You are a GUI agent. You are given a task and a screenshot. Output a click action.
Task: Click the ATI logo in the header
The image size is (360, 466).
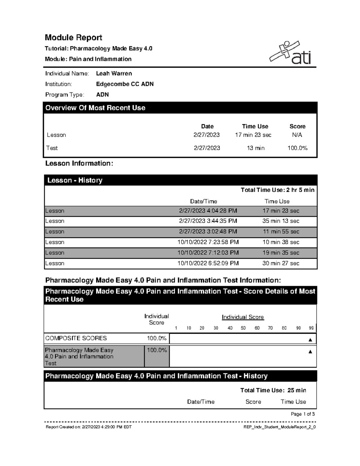tap(290, 53)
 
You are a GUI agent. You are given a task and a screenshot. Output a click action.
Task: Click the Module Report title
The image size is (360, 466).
tap(73, 38)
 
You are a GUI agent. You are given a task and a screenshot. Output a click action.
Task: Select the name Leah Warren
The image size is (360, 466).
tap(114, 74)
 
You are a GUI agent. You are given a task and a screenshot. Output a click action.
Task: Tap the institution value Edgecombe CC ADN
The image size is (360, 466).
tap(124, 84)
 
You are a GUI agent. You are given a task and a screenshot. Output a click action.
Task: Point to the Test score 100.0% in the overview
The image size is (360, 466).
tap(297, 148)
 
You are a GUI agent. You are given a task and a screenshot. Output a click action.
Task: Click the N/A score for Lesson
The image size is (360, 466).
tap(297, 135)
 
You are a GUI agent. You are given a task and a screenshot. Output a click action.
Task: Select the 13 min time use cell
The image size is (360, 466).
tap(255, 148)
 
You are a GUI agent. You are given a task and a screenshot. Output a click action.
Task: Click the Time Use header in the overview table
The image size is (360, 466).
tap(255, 126)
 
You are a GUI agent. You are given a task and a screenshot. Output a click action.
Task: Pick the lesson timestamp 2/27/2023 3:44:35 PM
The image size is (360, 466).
tap(208, 221)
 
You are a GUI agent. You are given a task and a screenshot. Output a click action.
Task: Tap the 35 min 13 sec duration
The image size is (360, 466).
tap(281, 221)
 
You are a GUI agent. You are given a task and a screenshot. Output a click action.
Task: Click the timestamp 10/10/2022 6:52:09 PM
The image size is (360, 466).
tap(208, 263)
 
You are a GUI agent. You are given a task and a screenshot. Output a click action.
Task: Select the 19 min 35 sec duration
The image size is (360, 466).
tap(281, 253)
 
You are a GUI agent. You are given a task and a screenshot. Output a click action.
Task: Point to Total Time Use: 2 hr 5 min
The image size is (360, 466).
tap(277, 190)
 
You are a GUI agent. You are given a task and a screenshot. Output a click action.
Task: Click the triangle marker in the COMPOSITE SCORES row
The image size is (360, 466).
tap(310, 340)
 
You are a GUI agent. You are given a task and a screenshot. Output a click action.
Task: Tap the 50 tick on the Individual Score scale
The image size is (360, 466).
tap(243, 328)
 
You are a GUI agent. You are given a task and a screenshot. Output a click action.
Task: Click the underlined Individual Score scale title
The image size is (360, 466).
tap(243, 317)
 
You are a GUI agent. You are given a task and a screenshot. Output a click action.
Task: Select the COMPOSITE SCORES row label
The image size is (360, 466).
tap(76, 338)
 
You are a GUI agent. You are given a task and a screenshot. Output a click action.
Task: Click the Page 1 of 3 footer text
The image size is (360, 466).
tap(303, 414)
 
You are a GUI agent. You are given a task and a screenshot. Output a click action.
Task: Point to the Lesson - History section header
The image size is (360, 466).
tap(75, 180)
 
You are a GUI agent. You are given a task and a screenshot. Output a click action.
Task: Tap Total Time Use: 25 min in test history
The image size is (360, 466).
tap(273, 390)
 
